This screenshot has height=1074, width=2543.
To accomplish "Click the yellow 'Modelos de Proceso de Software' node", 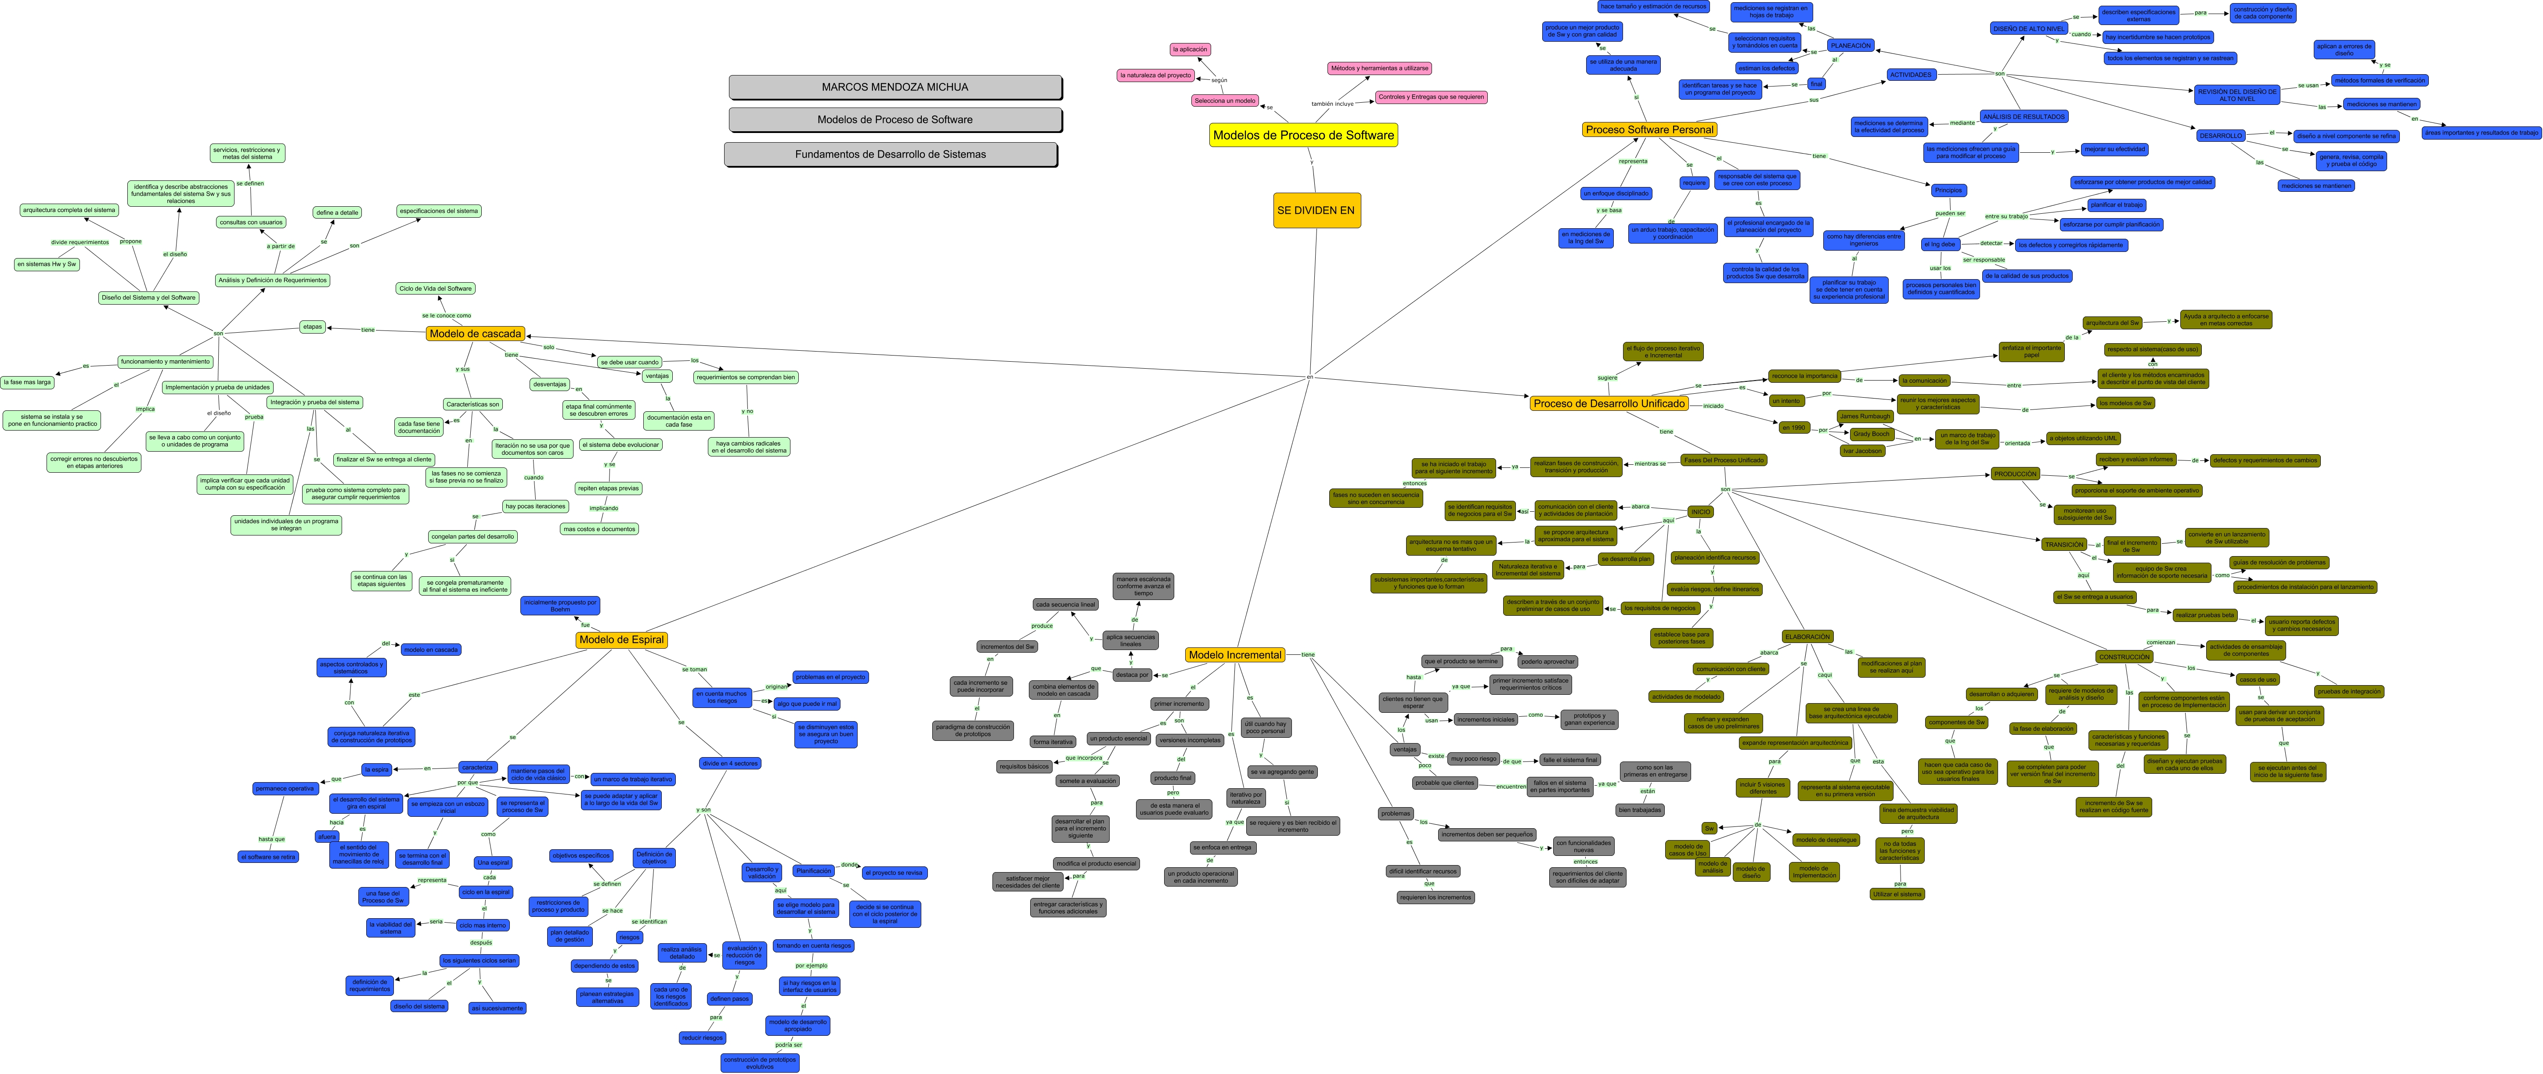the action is coord(1303,135).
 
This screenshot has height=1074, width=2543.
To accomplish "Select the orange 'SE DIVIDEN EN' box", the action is coord(1316,210).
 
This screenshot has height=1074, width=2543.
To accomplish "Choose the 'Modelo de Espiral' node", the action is coord(622,639).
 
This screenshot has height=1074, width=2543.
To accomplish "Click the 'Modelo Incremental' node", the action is coord(1234,654).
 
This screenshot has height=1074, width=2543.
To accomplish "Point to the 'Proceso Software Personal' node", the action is coord(1650,129).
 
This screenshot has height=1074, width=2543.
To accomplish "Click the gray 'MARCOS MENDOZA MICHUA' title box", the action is coord(895,87).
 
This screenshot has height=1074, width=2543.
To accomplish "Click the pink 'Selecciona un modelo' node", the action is coord(1224,101).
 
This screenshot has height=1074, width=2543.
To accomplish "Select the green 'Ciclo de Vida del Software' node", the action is coord(435,288).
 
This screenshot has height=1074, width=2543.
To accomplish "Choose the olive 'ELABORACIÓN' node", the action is coord(1807,637).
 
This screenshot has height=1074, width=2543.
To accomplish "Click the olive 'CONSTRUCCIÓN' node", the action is coord(2125,657).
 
